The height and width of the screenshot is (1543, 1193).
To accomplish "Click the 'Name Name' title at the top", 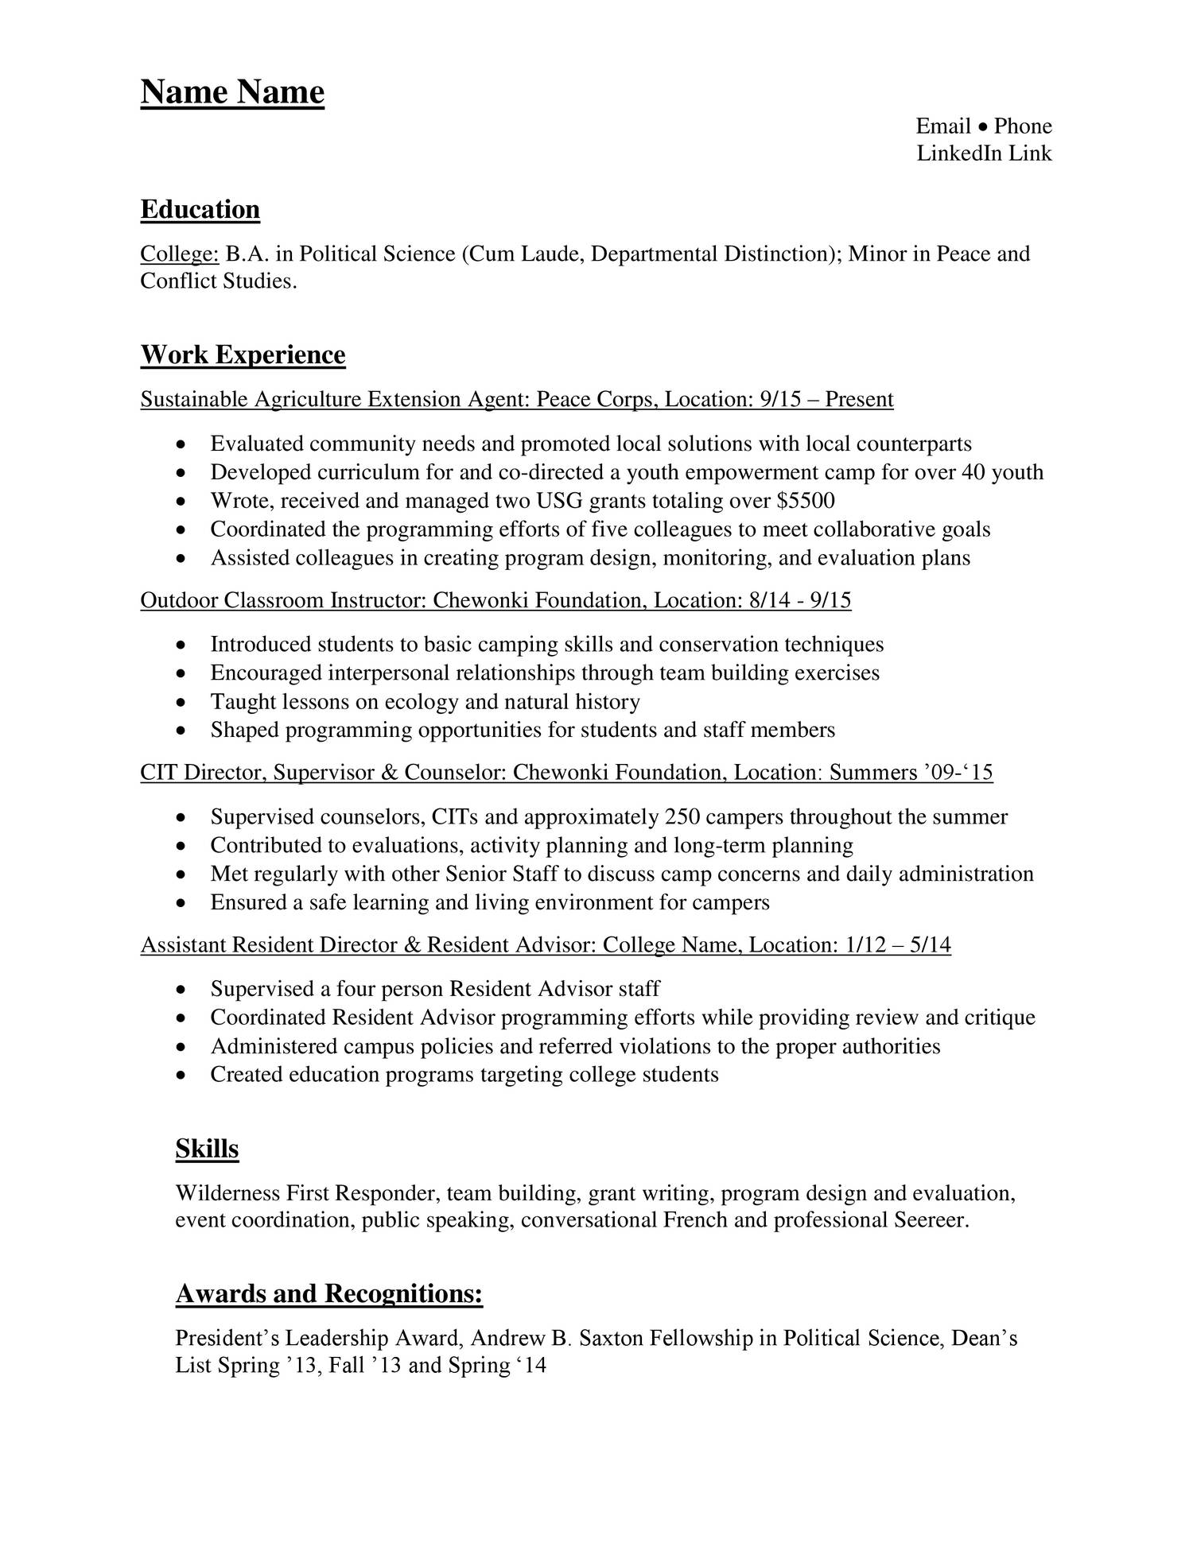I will (x=232, y=92).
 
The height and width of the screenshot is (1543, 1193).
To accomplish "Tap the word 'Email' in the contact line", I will (x=943, y=126).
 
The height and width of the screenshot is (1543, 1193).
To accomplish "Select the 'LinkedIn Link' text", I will (x=984, y=153).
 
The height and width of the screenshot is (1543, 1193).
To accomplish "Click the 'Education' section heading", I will (x=200, y=210).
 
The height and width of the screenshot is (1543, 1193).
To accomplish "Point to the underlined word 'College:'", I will (x=179, y=254).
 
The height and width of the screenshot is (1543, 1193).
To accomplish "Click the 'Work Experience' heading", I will (x=243, y=355).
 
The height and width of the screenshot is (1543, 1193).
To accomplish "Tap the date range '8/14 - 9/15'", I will (x=799, y=600).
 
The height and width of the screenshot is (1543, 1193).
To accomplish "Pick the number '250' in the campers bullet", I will (x=682, y=817).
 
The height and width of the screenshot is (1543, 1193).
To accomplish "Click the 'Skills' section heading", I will (x=207, y=1149).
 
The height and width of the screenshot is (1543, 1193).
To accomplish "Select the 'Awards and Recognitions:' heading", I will (x=328, y=1294).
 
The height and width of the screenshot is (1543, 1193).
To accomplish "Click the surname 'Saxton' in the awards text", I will (x=611, y=1339).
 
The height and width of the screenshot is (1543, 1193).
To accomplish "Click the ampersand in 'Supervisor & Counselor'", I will (x=389, y=773).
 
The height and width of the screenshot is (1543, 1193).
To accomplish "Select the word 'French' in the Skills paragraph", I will (x=694, y=1220).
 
